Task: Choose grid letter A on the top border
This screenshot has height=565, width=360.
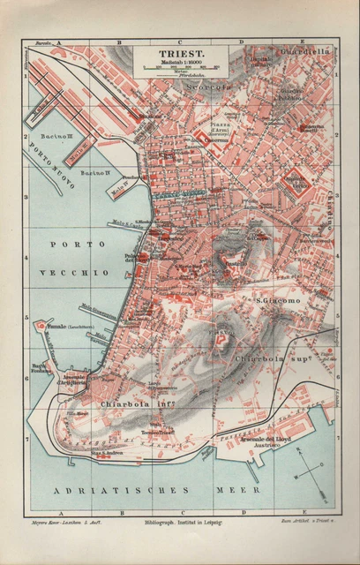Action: pos(58,41)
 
